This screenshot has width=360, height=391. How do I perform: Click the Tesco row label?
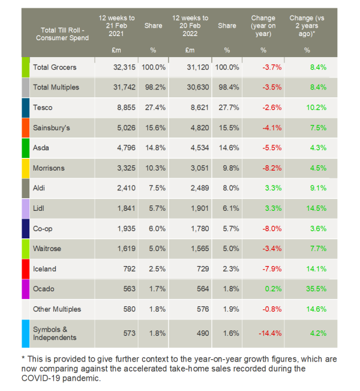tap(43, 108)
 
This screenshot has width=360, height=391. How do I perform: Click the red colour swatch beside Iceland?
tap(26, 268)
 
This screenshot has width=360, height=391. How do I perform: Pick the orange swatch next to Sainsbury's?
tap(26, 127)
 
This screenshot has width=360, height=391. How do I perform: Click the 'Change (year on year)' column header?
tap(263, 26)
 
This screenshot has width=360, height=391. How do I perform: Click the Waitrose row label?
tap(47, 249)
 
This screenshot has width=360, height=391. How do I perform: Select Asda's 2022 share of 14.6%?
tap(227, 148)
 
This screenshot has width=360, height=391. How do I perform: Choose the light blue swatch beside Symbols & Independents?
tap(26, 333)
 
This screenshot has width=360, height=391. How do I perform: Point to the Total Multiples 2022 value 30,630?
tap(194, 87)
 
